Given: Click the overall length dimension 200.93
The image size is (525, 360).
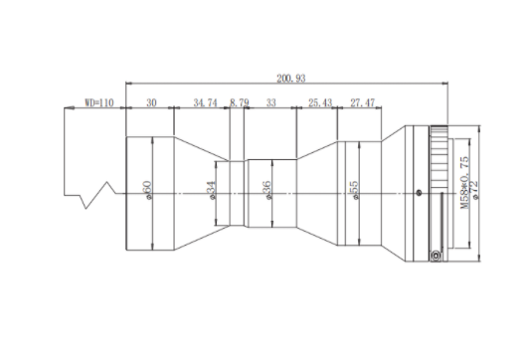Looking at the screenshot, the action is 291,78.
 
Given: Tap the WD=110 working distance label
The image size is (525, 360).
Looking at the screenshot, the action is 99,102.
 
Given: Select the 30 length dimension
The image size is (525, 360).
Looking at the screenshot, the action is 151,102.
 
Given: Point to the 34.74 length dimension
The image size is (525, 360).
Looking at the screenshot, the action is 205,102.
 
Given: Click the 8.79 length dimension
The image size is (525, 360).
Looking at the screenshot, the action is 240,102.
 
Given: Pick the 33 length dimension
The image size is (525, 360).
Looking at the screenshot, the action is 271,102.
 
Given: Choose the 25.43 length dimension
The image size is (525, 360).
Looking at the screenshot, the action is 320,102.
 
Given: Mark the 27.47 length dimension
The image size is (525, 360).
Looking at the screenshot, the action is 363,102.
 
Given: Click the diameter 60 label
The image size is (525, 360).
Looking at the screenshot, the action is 147,190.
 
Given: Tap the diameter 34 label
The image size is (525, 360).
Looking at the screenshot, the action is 212,190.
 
